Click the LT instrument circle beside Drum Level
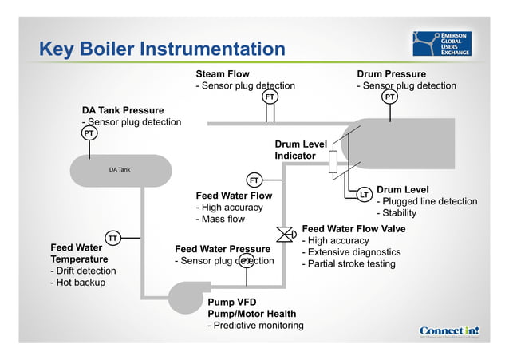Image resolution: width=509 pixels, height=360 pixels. pyautogui.click(x=364, y=194)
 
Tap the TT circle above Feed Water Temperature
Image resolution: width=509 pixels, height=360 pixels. pyautogui.click(x=113, y=238)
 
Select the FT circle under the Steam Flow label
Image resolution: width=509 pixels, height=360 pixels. pyautogui.click(x=270, y=97)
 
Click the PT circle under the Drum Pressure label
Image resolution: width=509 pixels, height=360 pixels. pyautogui.click(x=389, y=97)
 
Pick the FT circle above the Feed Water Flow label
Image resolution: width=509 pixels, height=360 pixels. pyautogui.click(x=254, y=180)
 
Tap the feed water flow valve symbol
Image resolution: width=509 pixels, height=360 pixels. pyautogui.click(x=283, y=234)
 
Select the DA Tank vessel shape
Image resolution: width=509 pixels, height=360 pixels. pyautogui.click(x=120, y=170)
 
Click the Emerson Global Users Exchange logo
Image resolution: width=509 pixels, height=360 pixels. pyautogui.click(x=442, y=45)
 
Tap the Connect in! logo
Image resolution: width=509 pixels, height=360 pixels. pyautogui.click(x=449, y=331)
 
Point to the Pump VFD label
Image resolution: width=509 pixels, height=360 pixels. pyautogui.click(x=232, y=303)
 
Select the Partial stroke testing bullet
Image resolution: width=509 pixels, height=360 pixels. pyautogui.click(x=348, y=263)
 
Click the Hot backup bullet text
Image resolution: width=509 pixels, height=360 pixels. pyautogui.click(x=77, y=282)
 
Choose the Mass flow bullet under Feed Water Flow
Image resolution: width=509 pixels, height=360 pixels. pyautogui.click(x=220, y=219)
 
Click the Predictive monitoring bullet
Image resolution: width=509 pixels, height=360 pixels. pyautogui.click(x=255, y=325)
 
